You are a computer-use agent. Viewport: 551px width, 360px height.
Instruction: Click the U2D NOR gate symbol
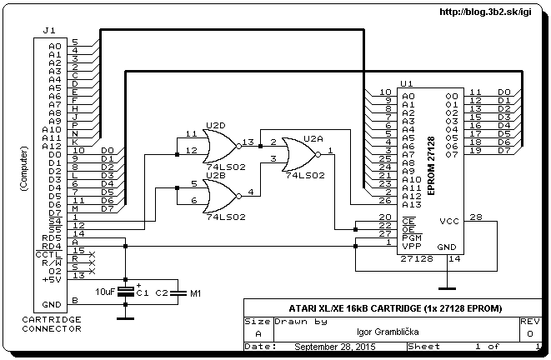222,146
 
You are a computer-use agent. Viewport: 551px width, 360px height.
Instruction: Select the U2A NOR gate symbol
301,154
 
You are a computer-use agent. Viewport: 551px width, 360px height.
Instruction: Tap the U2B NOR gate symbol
222,197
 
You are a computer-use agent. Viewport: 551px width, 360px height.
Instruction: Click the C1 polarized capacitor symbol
125,292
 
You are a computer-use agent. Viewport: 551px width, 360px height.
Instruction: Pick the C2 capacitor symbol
178,292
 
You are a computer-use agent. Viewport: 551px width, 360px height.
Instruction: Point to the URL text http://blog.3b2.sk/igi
485,12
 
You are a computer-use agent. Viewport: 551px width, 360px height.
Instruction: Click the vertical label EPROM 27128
431,166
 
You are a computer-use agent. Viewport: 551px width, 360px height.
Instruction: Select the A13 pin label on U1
412,204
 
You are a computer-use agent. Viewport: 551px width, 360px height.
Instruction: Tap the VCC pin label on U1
449,222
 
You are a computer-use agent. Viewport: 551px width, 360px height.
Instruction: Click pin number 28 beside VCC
476,217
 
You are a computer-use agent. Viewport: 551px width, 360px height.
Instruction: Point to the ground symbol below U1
447,288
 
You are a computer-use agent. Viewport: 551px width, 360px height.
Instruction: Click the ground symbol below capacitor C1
125,318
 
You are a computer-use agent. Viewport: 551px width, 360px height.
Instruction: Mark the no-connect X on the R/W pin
92,262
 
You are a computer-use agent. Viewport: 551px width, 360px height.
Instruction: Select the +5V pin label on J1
52,280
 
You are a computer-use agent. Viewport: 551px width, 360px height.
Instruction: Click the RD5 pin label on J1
52,238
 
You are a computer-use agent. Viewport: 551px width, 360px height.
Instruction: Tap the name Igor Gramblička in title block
388,332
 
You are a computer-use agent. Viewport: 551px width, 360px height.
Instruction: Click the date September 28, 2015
335,347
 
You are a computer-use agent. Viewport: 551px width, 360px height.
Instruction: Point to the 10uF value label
105,292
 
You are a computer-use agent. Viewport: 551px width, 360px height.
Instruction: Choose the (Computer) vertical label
23,168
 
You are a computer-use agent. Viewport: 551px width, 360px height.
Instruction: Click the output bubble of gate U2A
318,154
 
